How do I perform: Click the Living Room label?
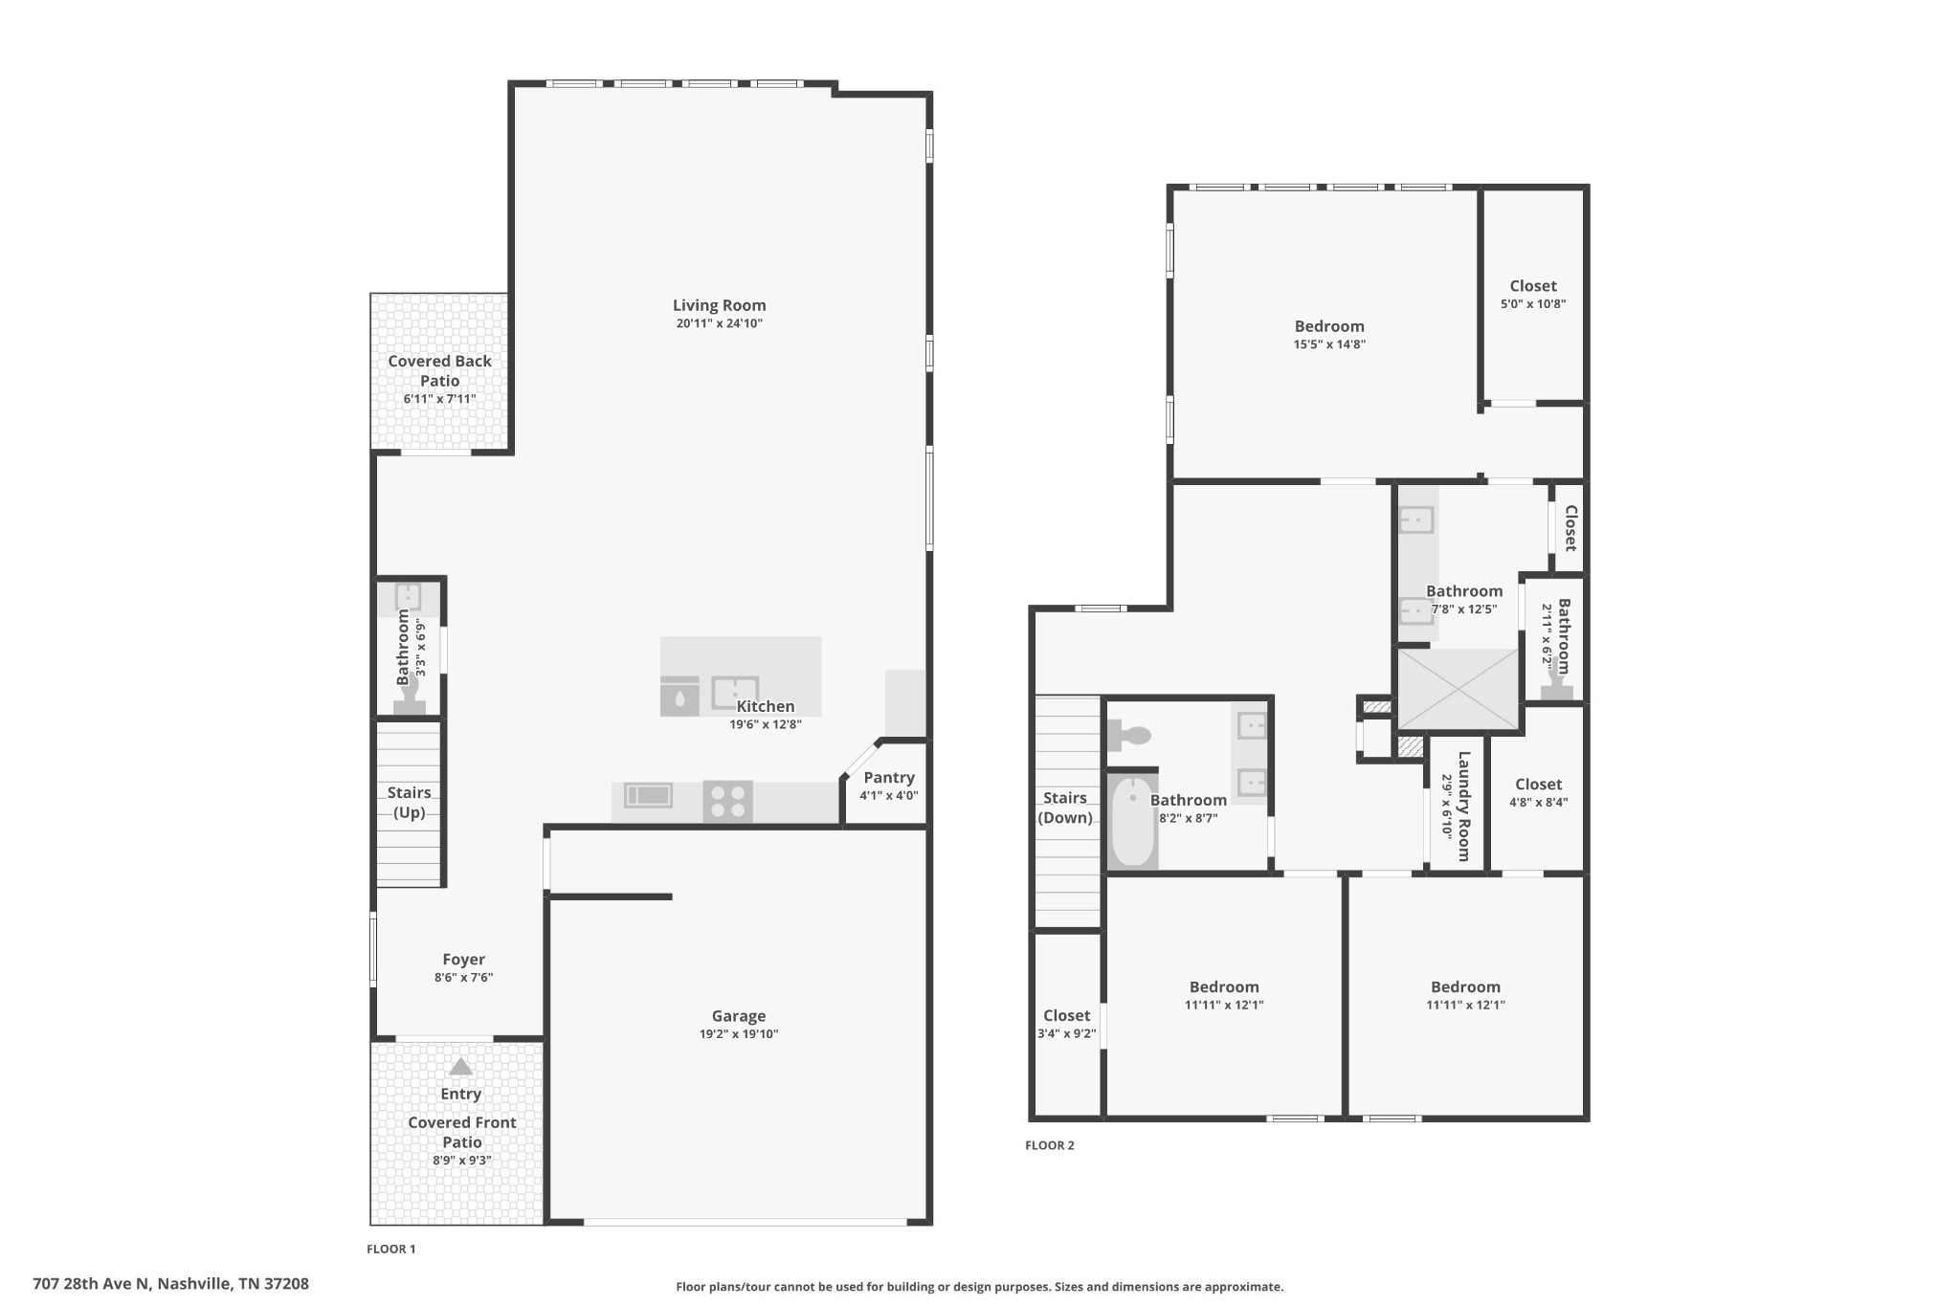click(x=719, y=305)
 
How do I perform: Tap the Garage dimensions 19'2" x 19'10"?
click(x=738, y=1034)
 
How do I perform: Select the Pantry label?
click(x=889, y=778)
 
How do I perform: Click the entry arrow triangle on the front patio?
click(x=461, y=1067)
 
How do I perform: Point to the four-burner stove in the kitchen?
click(x=727, y=802)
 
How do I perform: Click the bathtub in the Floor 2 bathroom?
click(x=1133, y=822)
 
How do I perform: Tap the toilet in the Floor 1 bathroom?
click(x=410, y=694)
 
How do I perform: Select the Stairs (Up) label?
click(x=409, y=803)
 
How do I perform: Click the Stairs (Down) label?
click(x=1065, y=808)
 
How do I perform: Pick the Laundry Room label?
click(x=1463, y=806)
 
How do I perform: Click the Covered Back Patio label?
click(x=439, y=370)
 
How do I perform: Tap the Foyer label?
click(x=463, y=960)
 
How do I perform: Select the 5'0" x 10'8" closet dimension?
click(x=1533, y=304)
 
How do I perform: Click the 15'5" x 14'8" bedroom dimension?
click(x=1329, y=344)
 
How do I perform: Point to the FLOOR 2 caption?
click(x=1050, y=1145)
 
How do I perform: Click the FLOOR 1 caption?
click(x=391, y=1249)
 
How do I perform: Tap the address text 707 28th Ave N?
click(x=92, y=1284)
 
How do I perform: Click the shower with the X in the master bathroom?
click(x=1459, y=689)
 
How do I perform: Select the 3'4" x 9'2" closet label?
click(x=1066, y=1024)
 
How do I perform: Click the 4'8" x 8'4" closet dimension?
click(x=1538, y=803)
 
